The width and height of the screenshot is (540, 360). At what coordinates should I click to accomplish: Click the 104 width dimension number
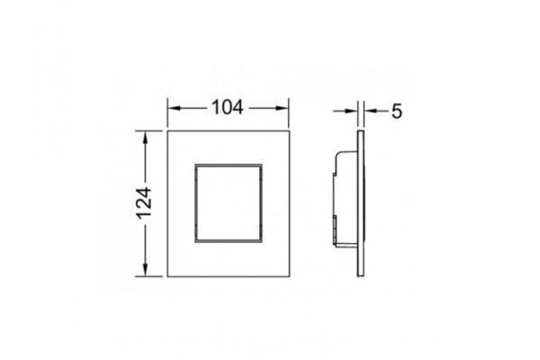coord(228,107)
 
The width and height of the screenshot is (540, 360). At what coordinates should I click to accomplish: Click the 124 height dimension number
coord(144,203)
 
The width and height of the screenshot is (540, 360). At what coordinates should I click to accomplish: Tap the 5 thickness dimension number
coord(397,112)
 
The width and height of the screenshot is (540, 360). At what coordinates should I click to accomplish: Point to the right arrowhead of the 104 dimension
coord(282,108)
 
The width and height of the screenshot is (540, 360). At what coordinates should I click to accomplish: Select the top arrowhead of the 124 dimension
coord(145,138)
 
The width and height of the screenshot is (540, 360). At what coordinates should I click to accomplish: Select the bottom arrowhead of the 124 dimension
coord(145,269)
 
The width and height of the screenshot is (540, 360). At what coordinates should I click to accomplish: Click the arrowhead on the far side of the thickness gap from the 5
coord(351,111)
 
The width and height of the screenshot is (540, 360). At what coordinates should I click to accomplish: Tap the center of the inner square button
coord(229,203)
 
